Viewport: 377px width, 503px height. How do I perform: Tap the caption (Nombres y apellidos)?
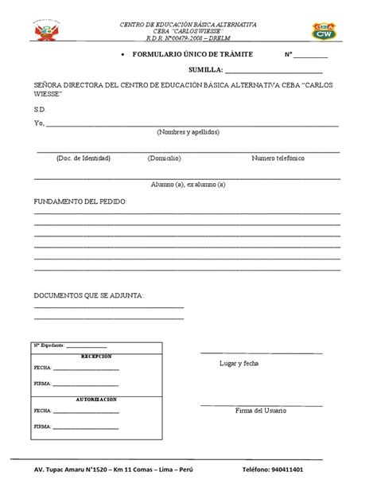click(188, 132)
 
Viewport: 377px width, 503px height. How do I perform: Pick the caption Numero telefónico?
click(278, 158)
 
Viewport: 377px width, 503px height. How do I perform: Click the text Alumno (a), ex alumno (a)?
click(188, 185)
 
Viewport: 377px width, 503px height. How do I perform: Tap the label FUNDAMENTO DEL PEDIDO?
click(80, 201)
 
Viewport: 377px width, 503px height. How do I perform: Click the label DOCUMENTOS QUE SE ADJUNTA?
click(88, 295)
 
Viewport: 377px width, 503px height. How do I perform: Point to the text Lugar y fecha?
click(239, 363)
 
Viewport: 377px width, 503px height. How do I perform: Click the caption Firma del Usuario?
click(261, 411)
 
